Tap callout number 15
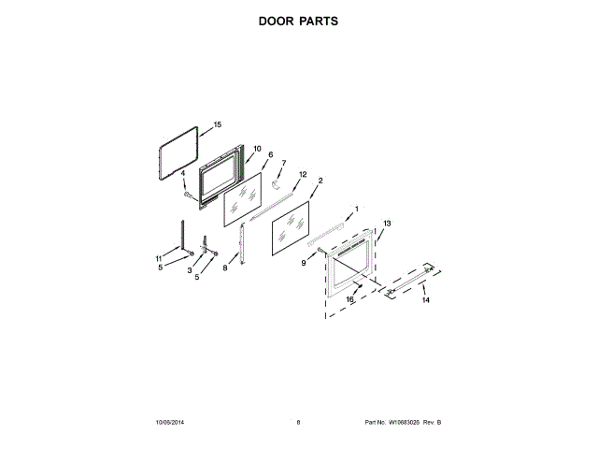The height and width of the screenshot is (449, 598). pos(217,123)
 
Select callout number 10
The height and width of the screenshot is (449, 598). pos(257,148)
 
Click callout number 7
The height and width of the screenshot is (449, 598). pos(284,163)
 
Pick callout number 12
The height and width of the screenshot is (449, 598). pos(303,174)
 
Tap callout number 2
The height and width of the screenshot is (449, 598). pos(320,180)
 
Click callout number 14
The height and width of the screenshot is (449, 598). pos(425,300)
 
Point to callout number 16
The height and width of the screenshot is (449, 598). pos(350,299)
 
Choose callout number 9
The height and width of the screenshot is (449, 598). pos(304,264)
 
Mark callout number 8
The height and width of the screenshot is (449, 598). pos(224,268)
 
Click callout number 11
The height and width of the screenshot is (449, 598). pos(158,258)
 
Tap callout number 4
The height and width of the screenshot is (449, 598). pos(183,173)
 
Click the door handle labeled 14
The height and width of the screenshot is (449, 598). pos(409,282)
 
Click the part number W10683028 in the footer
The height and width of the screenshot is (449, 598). pos(405,423)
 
